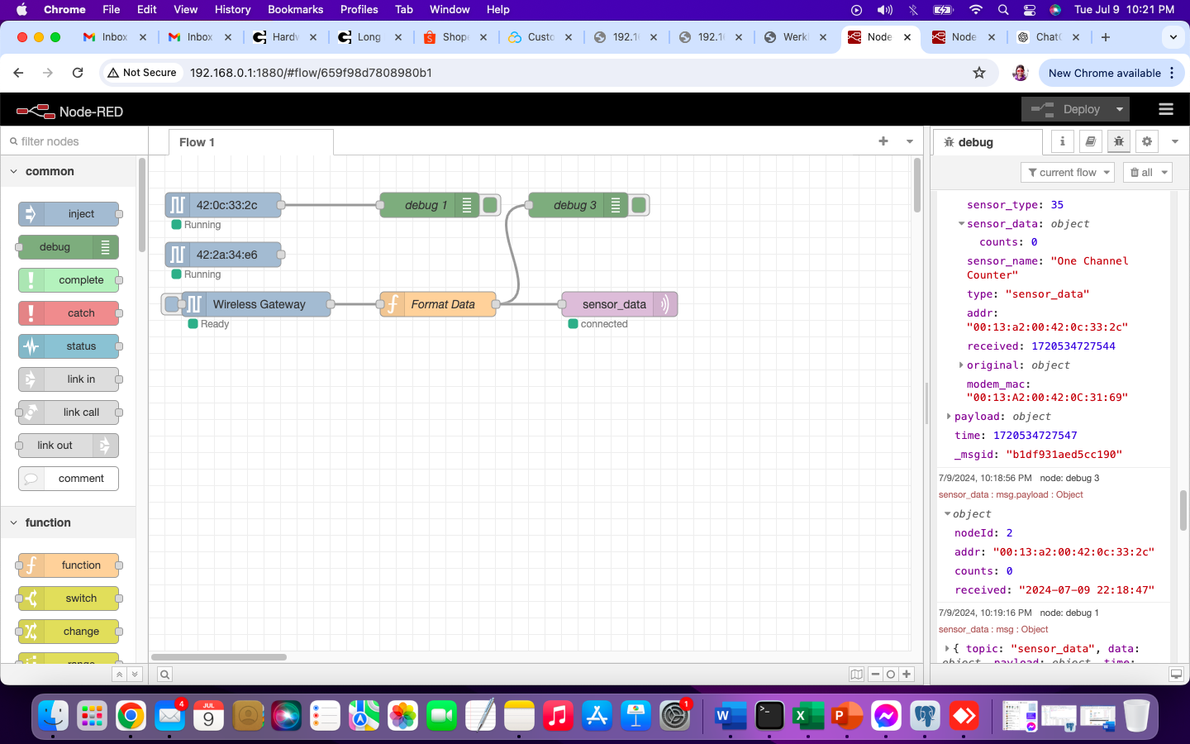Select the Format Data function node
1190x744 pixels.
[x=443, y=304]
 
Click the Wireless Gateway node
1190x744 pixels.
[x=259, y=304]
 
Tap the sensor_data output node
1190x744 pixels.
[x=614, y=304]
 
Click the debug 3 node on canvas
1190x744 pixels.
[x=574, y=205]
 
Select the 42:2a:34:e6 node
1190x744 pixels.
[x=226, y=255]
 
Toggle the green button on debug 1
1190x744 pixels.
[x=491, y=205]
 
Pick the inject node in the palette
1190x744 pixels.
[x=80, y=214]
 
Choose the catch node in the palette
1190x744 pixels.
[x=80, y=313]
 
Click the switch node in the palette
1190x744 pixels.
[x=80, y=599]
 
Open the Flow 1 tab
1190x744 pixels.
[x=197, y=142]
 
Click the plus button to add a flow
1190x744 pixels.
[x=883, y=141]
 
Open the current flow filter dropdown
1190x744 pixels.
[x=1068, y=172]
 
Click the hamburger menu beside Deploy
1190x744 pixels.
[x=1166, y=109]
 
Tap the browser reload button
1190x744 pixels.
[x=78, y=73]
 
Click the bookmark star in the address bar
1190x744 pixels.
[x=979, y=73]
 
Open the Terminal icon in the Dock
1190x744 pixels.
[x=769, y=716]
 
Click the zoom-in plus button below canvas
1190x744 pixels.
[x=907, y=674]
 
